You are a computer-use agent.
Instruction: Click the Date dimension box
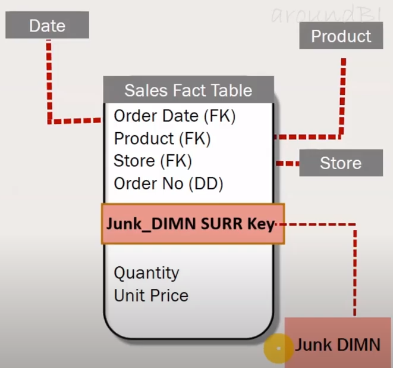pyautogui.click(x=48, y=26)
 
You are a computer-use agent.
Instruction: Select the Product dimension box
pyautogui.click(x=341, y=37)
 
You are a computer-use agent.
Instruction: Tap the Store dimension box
pyautogui.click(x=340, y=163)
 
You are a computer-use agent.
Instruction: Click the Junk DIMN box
pyautogui.click(x=338, y=344)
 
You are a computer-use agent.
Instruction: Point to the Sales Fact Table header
pyautogui.click(x=188, y=91)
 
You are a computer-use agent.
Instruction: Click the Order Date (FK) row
pyautogui.click(x=175, y=116)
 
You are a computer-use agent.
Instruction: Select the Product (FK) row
pyautogui.click(x=162, y=139)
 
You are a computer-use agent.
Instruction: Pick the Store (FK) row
pyautogui.click(x=153, y=161)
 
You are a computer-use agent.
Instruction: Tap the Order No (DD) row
pyautogui.click(x=168, y=184)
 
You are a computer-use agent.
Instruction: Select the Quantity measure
pyautogui.click(x=146, y=273)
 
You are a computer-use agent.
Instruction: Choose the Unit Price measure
pyautogui.click(x=151, y=295)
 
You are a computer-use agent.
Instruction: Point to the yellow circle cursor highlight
pyautogui.click(x=278, y=347)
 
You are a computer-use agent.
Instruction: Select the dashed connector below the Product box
pyautogui.click(x=342, y=95)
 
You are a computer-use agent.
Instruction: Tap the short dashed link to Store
pyautogui.click(x=287, y=163)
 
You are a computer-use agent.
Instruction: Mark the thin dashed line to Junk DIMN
pyautogui.click(x=355, y=268)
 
